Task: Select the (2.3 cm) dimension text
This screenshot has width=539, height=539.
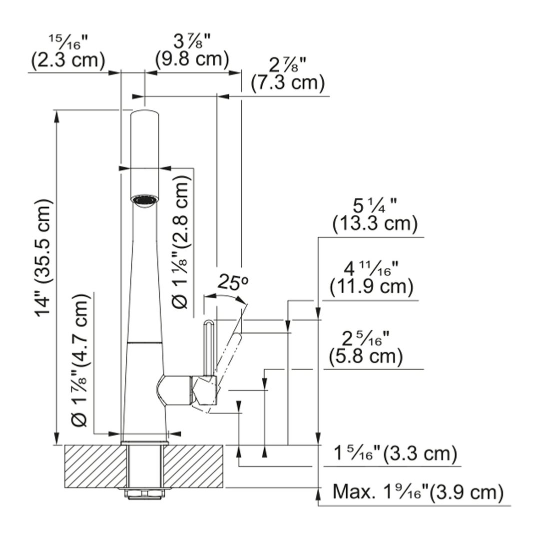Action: pos(68,60)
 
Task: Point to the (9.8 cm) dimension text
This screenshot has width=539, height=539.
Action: pos(192,58)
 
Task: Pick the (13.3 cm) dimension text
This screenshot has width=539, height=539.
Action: pos(375,224)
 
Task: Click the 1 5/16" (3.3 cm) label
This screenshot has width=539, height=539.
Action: pos(395,454)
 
